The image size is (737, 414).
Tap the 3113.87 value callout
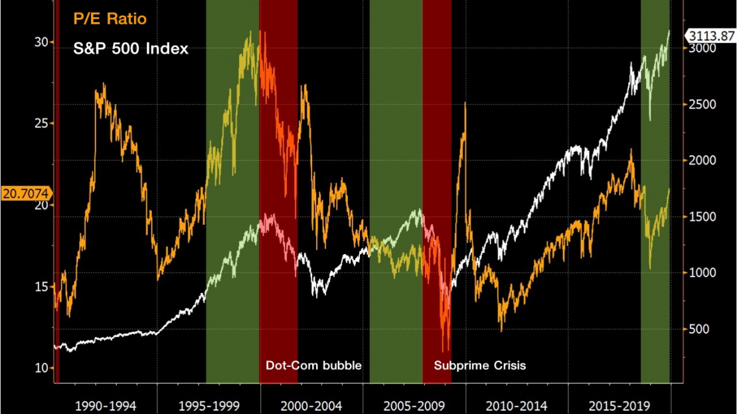pos(711,36)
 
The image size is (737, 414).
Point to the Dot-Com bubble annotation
pos(313,365)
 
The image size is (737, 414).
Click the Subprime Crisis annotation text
pos(479,365)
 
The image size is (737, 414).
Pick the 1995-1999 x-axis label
pos(208,405)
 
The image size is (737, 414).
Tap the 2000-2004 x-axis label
pos(311,405)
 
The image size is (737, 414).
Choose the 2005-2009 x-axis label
pos(414,405)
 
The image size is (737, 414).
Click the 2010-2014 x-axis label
pos(516,405)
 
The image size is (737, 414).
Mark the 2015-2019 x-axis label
pos(618,405)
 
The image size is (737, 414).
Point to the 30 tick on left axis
pos(41,42)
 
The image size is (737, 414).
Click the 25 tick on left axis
pos(41,123)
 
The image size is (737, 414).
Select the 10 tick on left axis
pos(41,368)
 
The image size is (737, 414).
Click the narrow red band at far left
pos(57,199)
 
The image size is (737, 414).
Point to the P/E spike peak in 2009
pos(465,104)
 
